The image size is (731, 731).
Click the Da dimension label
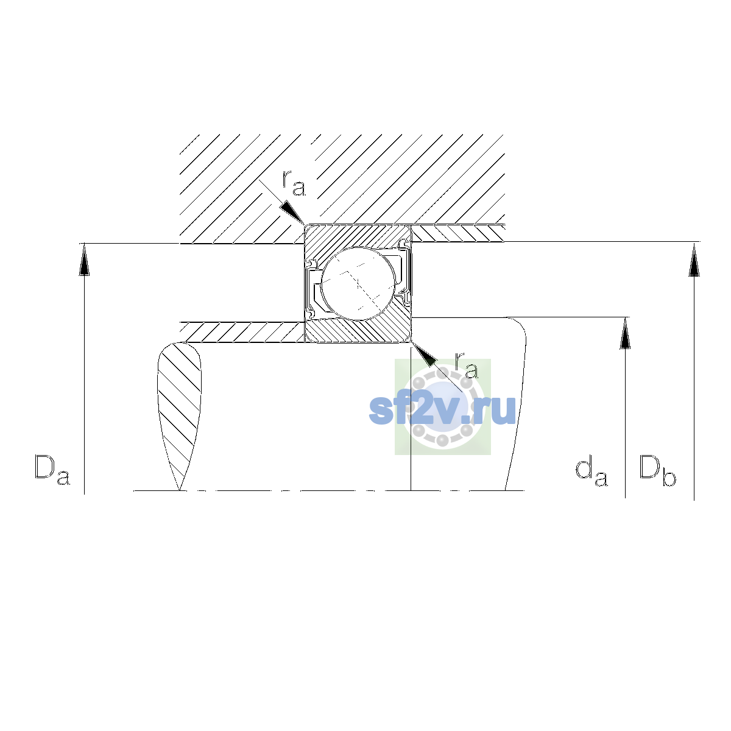click(x=52, y=470)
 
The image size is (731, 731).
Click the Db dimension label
click(x=657, y=470)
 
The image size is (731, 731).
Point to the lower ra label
click(x=467, y=365)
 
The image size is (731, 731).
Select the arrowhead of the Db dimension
click(x=694, y=260)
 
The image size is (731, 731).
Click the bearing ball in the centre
click(x=358, y=284)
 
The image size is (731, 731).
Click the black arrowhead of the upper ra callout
click(x=291, y=212)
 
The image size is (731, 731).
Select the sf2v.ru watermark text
click(x=442, y=410)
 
